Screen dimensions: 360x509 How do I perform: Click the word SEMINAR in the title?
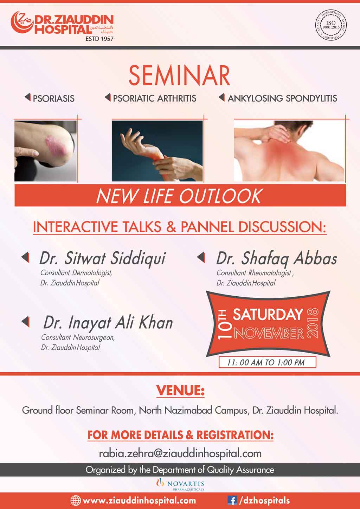[180, 76]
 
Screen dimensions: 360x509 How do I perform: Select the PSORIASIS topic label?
[54, 98]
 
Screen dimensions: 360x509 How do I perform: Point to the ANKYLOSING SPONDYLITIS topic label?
[282, 98]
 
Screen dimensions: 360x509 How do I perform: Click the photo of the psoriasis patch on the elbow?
[45, 151]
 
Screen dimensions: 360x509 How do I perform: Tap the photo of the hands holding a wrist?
[157, 151]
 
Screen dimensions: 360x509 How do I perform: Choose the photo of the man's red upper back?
[289, 151]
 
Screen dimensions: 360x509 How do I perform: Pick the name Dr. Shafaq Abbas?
[277, 259]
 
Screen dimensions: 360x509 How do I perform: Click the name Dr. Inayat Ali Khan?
[108, 323]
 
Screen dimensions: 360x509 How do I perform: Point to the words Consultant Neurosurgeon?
[78, 337]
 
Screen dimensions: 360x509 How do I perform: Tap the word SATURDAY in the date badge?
[268, 315]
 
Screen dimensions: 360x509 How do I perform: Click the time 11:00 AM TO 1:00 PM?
[266, 362]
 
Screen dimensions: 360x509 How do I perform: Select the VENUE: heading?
[180, 391]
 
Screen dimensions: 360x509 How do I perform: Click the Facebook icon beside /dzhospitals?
[232, 500]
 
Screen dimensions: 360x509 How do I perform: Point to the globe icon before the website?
[76, 500]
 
